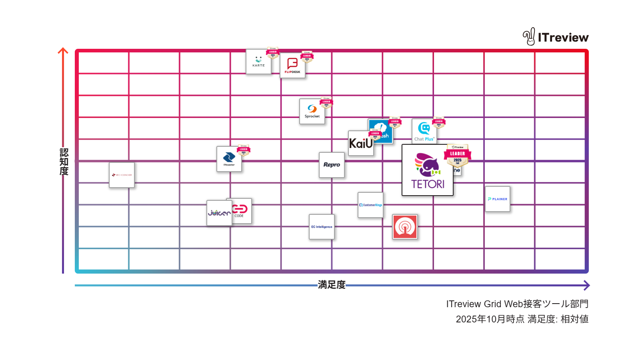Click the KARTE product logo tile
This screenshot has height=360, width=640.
pyautogui.click(x=258, y=62)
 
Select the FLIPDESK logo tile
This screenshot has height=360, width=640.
pyautogui.click(x=292, y=66)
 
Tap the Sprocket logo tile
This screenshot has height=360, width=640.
pyautogui.click(x=312, y=112)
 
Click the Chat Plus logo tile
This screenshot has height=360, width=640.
pyautogui.click(x=424, y=132)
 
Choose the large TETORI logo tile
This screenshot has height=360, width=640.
pyautogui.click(x=427, y=170)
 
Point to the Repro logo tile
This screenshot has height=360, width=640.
pyautogui.click(x=332, y=165)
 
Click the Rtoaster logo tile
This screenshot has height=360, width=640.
pyautogui.click(x=229, y=159)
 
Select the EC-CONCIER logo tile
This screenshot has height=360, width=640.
pyautogui.click(x=122, y=175)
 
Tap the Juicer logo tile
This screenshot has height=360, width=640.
pyautogui.click(x=219, y=213)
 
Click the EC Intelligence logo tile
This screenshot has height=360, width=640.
pyautogui.click(x=322, y=227)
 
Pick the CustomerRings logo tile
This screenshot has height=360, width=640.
pyautogui.click(x=370, y=205)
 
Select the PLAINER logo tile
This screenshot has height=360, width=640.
pyautogui.click(x=498, y=199)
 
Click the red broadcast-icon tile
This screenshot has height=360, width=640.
pyautogui.click(x=405, y=227)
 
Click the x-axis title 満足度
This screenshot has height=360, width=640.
pyautogui.click(x=332, y=285)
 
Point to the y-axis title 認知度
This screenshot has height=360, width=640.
pyautogui.click(x=64, y=162)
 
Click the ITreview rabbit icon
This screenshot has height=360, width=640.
pyautogui.click(x=529, y=37)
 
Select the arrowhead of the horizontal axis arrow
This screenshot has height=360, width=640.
pyautogui.click(x=587, y=285)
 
